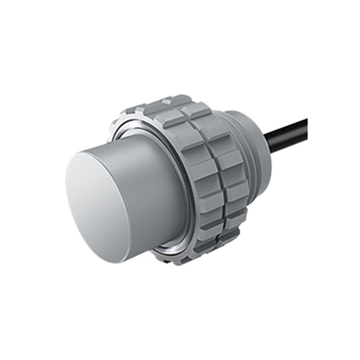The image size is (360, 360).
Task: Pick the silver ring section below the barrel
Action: [x=173, y=252]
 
